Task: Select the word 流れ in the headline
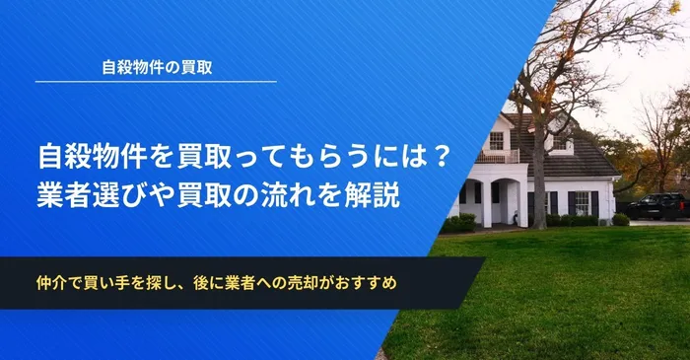point(310,194)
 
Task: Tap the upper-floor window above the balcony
point(496,140)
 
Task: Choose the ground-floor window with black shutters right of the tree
point(583,202)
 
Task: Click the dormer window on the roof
point(559,142)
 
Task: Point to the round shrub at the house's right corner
point(620,219)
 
